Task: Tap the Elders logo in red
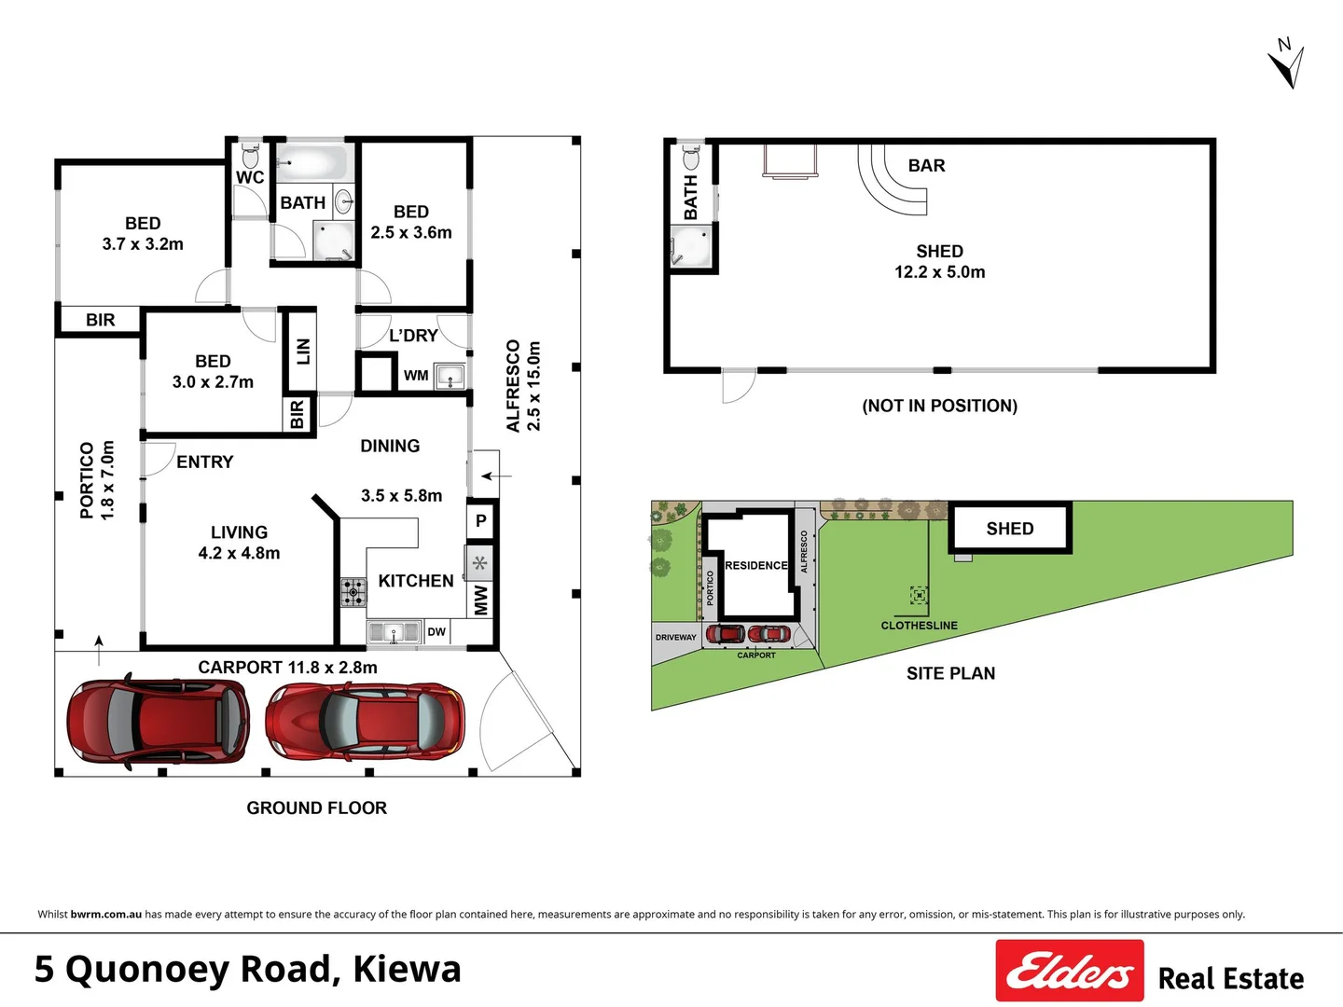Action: coord(1069,971)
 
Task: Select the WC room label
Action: coord(249,177)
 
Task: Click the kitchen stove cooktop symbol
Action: coord(353,592)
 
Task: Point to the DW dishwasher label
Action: coord(436,632)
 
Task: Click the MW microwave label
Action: coord(480,600)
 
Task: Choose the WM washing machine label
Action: coord(416,376)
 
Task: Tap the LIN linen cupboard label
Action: coord(302,351)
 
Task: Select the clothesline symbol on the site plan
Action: coord(919,595)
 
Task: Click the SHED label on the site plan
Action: coord(1010,529)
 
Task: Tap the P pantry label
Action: coord(481,520)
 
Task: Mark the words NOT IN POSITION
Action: coord(939,406)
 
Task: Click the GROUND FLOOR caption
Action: coord(316,808)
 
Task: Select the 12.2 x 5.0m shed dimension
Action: coord(939,272)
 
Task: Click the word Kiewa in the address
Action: coord(407,969)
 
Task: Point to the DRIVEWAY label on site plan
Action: coord(675,638)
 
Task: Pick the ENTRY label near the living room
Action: coord(204,462)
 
